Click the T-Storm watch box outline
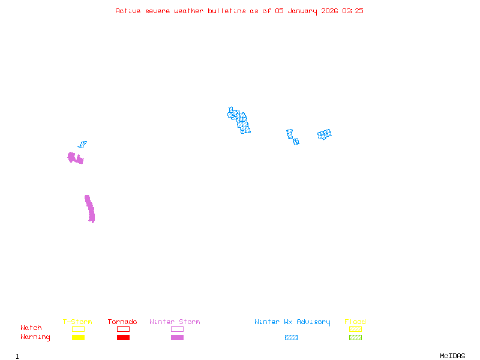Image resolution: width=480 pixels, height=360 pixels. pos(78,329)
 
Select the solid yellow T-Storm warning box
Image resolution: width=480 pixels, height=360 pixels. pos(78,338)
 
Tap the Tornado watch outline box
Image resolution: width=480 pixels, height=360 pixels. pos(123,329)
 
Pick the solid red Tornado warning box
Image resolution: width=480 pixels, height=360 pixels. pos(123,338)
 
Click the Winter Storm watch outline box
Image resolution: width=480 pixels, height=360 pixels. pos(177,329)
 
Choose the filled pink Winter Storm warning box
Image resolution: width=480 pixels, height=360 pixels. pos(177,338)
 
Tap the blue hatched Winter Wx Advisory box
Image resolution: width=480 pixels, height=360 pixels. pos(291,338)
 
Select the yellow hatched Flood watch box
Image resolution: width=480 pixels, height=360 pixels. pos(355,329)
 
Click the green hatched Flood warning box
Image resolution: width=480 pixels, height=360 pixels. pos(355,338)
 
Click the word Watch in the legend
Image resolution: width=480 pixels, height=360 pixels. pos(31,328)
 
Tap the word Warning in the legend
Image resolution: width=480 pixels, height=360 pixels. pos(35,337)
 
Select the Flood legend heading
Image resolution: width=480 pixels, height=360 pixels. pos(355,322)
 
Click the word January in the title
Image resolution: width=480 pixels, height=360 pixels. pos(302,11)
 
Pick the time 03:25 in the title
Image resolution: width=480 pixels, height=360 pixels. pos(353,11)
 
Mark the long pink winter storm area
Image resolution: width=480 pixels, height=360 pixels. pos(90,209)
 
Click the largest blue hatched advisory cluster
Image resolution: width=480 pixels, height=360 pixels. pos(239,121)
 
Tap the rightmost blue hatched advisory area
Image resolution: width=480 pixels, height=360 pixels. pos(325,134)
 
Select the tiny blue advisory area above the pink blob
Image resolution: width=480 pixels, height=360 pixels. pos(82,145)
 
